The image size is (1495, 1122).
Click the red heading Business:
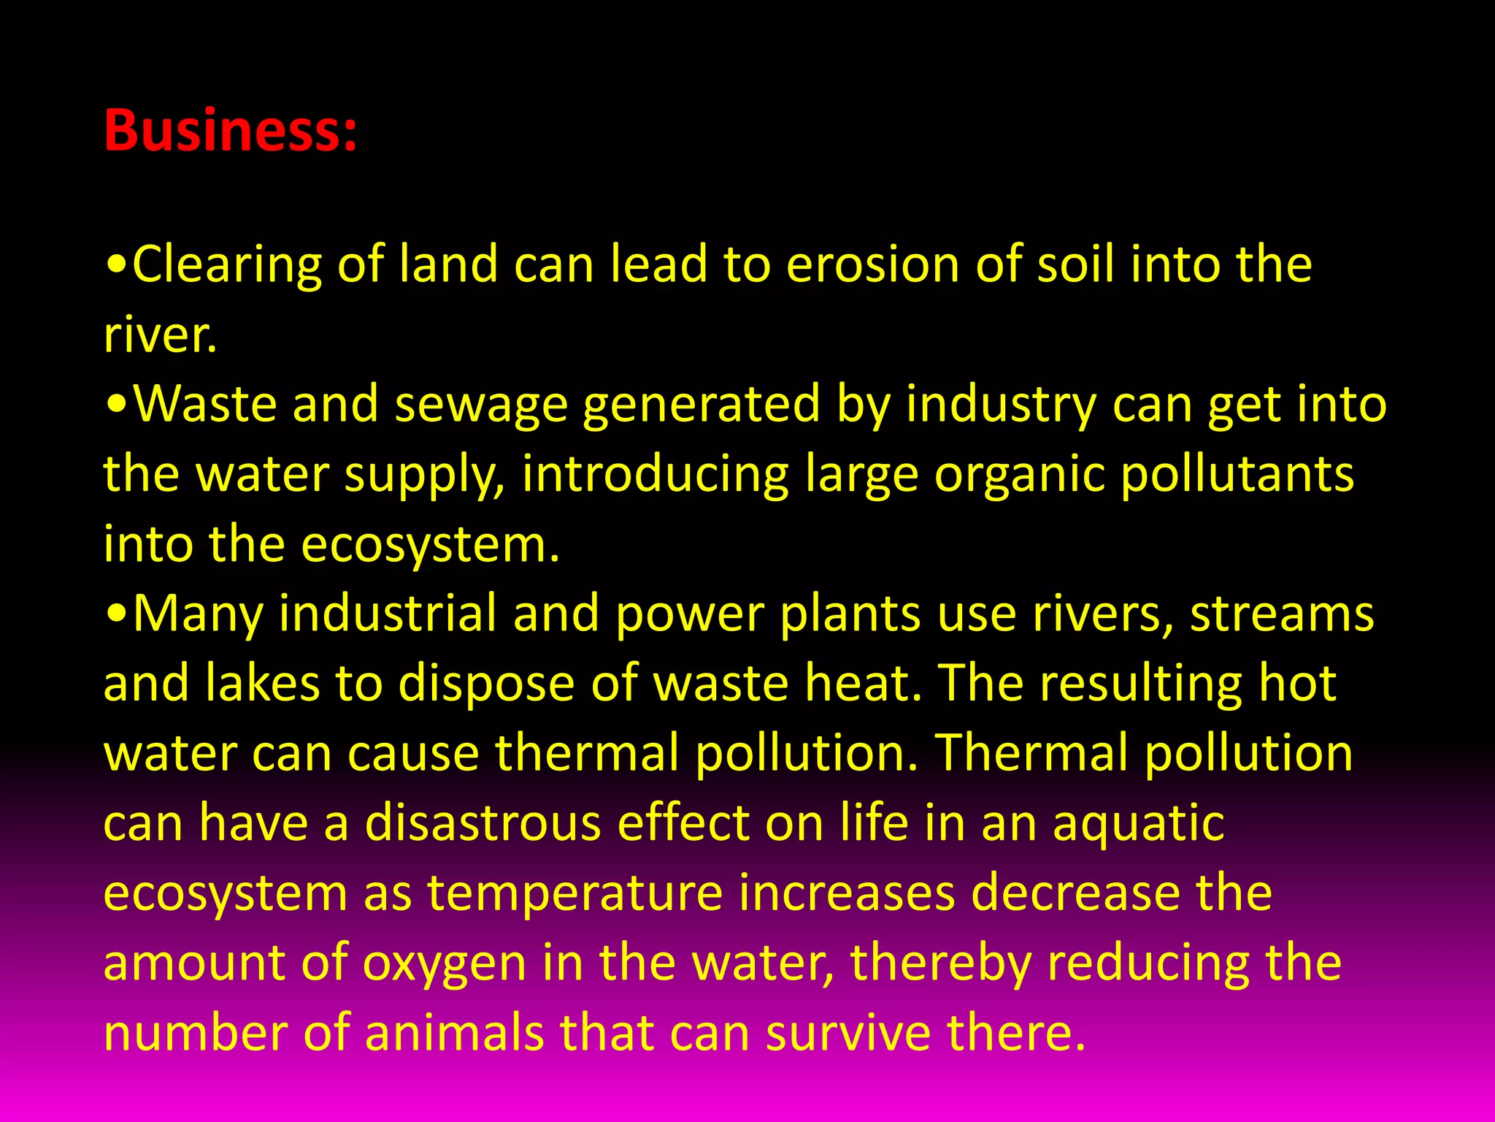tap(231, 130)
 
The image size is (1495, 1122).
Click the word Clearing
tap(226, 264)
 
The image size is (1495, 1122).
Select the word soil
tap(1076, 264)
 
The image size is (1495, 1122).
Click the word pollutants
tap(1237, 475)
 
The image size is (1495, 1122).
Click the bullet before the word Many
tap(116, 615)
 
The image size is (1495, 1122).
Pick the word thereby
tap(941, 963)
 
